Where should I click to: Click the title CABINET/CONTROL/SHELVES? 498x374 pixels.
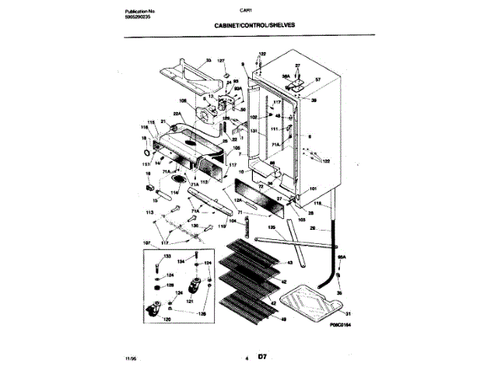tap(254, 25)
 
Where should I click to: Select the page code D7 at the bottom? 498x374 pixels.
tap(262, 358)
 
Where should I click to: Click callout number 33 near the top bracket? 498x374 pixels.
tap(209, 61)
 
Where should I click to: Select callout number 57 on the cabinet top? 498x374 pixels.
tap(318, 79)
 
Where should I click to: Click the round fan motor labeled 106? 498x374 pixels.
tap(207, 115)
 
